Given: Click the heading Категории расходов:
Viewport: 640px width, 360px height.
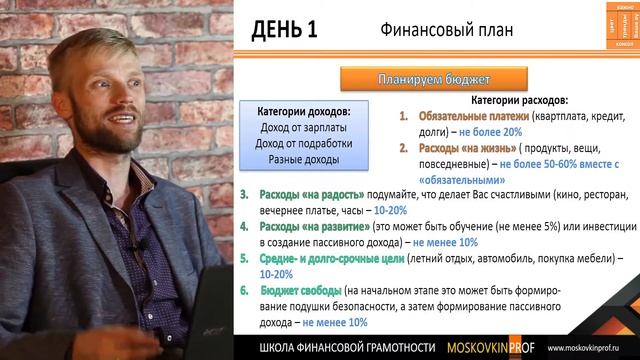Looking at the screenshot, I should [x=518, y=101].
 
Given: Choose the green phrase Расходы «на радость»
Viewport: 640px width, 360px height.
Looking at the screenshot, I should [x=307, y=193].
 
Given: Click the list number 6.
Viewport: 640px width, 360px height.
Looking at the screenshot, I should [x=244, y=290].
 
